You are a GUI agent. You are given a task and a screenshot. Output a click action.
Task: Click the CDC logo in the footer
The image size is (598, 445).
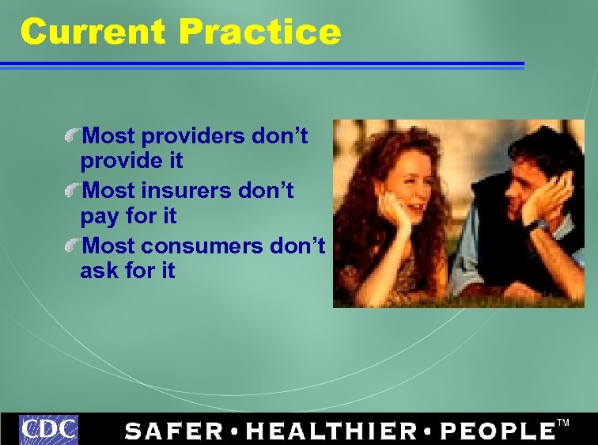tap(49, 430)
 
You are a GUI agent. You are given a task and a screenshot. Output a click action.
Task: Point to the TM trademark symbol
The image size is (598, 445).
tap(563, 423)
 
